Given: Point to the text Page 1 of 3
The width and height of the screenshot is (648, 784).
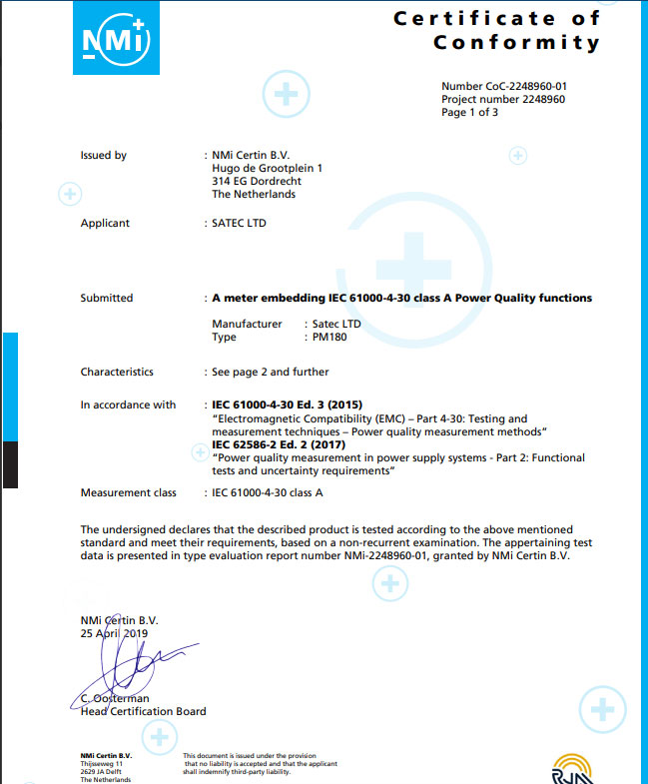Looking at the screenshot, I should coord(470,113).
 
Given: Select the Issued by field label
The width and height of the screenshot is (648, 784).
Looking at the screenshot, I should coord(103,156).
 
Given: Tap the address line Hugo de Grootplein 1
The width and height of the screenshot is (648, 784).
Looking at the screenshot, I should coord(268,169).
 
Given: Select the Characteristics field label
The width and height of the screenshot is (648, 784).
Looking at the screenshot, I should coord(117,372).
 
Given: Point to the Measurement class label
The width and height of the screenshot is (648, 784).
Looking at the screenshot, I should coord(128,492).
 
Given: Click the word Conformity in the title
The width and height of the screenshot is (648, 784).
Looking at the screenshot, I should coord(516,42).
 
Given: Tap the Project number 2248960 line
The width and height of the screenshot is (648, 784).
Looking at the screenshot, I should coord(503,100).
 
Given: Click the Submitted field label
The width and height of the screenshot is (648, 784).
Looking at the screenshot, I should coord(107,298).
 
